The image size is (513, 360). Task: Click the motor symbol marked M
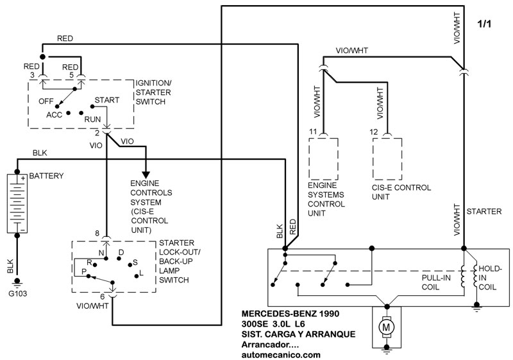click(x=387, y=327)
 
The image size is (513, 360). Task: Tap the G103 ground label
click(x=18, y=293)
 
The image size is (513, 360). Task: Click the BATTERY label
click(x=46, y=176)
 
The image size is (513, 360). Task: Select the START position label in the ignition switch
click(x=107, y=100)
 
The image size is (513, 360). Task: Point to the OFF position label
click(x=46, y=101)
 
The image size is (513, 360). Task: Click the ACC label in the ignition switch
click(x=54, y=115)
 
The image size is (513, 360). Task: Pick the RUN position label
click(x=92, y=119)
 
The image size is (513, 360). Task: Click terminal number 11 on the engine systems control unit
click(x=313, y=132)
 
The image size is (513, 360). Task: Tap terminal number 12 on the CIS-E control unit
click(x=374, y=132)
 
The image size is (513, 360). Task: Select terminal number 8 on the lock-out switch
click(x=97, y=234)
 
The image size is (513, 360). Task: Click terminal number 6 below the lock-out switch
click(x=103, y=296)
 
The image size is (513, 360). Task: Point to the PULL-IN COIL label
click(x=436, y=282)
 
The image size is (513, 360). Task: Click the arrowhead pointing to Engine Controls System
click(x=146, y=175)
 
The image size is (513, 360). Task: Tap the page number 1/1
click(x=484, y=24)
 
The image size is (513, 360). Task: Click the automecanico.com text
click(x=281, y=355)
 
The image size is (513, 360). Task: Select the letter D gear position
click(x=121, y=252)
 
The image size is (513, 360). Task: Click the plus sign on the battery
click(x=23, y=178)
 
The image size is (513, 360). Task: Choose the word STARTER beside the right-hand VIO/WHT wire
click(x=484, y=212)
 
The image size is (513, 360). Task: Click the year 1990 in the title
click(x=330, y=314)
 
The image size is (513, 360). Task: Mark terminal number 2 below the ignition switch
click(x=97, y=133)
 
